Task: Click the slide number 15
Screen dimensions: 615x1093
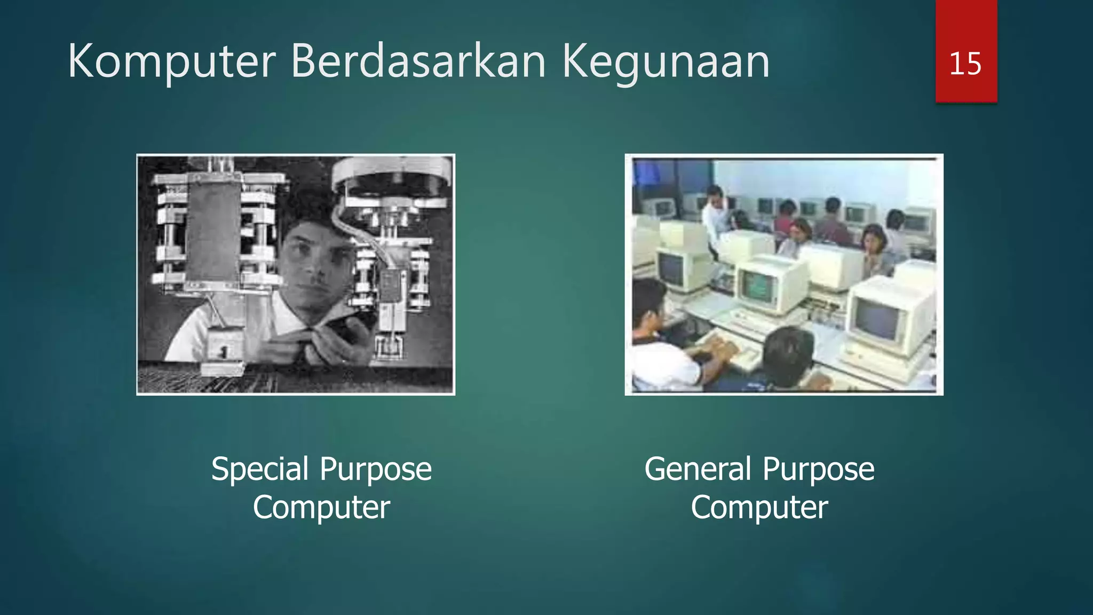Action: pos(965,64)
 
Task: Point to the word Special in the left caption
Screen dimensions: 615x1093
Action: pos(260,470)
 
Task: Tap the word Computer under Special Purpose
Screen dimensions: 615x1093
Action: pos(321,507)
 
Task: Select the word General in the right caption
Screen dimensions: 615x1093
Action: pos(698,470)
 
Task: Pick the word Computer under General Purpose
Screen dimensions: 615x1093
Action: pos(759,507)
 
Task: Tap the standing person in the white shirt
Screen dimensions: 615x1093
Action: pos(713,219)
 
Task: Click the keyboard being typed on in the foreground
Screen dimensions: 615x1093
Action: pos(731,352)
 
